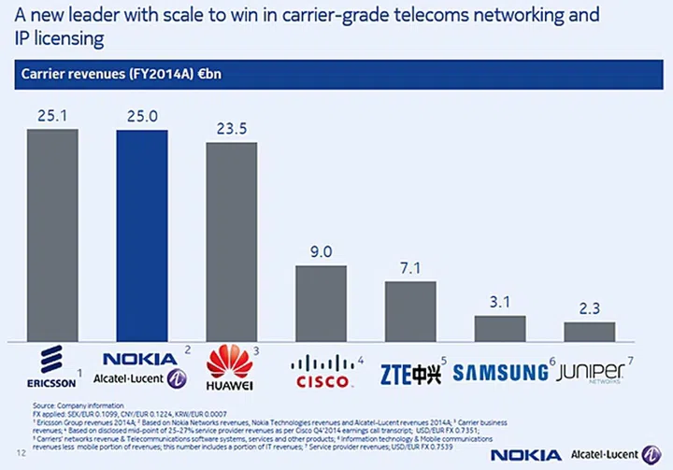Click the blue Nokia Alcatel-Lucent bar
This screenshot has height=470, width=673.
click(141, 235)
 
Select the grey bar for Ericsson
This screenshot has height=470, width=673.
click(51, 235)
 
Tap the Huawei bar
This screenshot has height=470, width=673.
click(231, 243)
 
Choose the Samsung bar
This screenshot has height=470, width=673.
click(500, 329)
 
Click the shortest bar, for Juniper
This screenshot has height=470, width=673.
click(589, 332)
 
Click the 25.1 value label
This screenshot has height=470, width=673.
click(51, 117)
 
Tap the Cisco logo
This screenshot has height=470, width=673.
click(323, 372)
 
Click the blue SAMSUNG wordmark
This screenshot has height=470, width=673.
click(501, 373)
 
